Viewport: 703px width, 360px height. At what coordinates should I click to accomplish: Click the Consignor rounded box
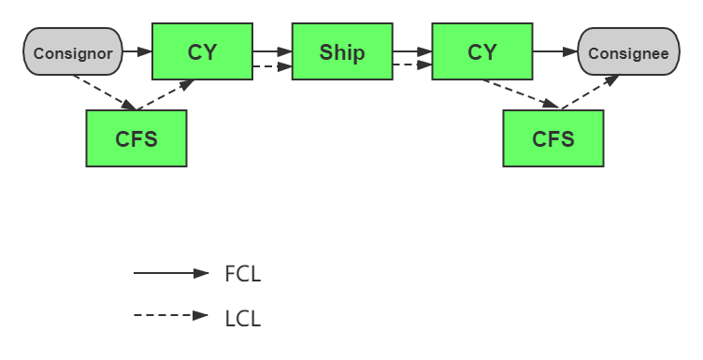tap(73, 52)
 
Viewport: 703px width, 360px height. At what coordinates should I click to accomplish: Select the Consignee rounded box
tap(628, 52)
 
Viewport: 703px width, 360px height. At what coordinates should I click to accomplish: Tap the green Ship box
tap(341, 52)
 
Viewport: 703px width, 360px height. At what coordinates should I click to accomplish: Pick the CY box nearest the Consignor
tap(202, 52)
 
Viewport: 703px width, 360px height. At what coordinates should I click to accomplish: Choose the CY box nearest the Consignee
tap(481, 52)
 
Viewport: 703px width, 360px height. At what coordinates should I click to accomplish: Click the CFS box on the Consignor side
tap(136, 138)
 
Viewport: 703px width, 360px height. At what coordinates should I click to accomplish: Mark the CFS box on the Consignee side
tap(552, 138)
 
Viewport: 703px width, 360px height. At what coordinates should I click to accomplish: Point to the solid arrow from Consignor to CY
tap(137, 51)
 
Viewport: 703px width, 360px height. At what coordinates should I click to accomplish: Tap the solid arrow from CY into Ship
tap(272, 51)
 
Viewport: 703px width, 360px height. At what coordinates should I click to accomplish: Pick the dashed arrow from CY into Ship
tap(272, 66)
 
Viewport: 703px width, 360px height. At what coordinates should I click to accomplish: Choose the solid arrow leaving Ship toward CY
tap(411, 51)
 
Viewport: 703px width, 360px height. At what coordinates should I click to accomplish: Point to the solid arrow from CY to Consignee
tap(555, 51)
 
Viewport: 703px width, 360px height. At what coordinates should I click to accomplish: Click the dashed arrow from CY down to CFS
tap(520, 94)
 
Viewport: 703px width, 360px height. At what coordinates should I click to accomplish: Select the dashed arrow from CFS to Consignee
tap(589, 94)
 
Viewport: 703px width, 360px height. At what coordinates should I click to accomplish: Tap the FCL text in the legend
tap(242, 274)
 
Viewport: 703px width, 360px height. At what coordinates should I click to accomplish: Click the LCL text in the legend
tap(242, 318)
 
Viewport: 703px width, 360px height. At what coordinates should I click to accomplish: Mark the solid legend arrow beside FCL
tap(171, 273)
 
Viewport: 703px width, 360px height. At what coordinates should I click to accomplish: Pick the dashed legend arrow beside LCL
tap(171, 316)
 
